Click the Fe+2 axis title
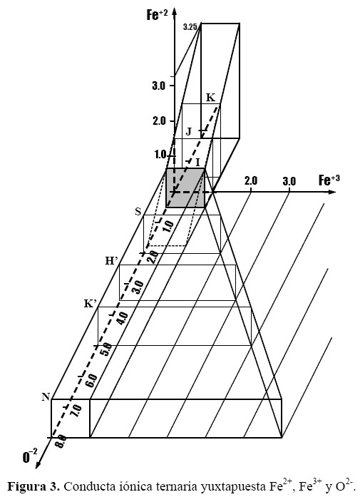(x=157, y=14)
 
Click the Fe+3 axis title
(x=329, y=180)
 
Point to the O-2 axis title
(x=30, y=456)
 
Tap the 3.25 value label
(x=190, y=27)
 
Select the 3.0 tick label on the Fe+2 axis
(x=159, y=86)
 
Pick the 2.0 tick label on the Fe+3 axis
(x=251, y=180)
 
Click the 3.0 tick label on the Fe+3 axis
(x=289, y=181)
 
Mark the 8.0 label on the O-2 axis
(x=61, y=441)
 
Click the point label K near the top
(x=210, y=97)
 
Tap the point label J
(x=189, y=131)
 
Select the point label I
(x=197, y=163)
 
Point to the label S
(x=138, y=211)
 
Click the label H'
(x=111, y=260)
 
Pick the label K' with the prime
(x=91, y=303)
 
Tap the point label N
(x=46, y=396)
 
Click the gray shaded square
(x=185, y=188)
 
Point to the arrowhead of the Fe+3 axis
(x=332, y=192)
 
